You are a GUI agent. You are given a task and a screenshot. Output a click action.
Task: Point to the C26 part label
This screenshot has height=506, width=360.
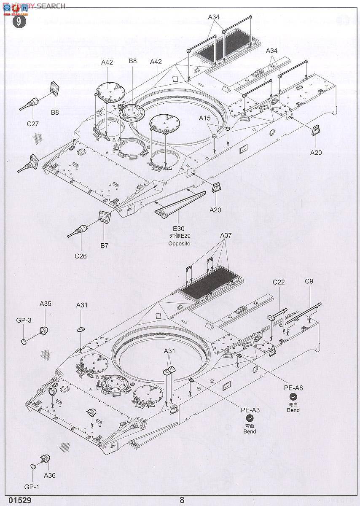pyautogui.click(x=81, y=256)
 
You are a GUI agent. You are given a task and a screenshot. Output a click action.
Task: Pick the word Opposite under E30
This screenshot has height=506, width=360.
pyautogui.click(x=179, y=244)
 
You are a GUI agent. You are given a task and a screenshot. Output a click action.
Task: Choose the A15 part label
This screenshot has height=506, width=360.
pyautogui.click(x=204, y=118)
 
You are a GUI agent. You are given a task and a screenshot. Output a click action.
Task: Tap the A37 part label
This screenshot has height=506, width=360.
pyautogui.click(x=226, y=235)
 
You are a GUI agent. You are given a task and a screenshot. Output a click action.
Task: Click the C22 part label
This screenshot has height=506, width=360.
pyautogui.click(x=279, y=282)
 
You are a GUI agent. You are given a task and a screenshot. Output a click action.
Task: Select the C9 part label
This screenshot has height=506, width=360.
pyautogui.click(x=309, y=281)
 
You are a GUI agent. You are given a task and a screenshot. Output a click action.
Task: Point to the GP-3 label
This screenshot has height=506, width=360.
pyautogui.click(x=24, y=320)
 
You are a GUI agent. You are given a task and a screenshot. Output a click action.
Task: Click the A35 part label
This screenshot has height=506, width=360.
pyautogui.click(x=46, y=303)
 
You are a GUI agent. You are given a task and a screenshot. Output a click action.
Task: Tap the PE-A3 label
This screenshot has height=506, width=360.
pyautogui.click(x=250, y=409)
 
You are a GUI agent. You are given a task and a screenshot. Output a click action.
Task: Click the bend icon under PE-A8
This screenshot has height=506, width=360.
pyautogui.click(x=293, y=396)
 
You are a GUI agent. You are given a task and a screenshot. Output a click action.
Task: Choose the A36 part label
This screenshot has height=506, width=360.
pyautogui.click(x=49, y=476)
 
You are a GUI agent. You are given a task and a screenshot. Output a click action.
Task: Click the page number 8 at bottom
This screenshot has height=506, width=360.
pyautogui.click(x=182, y=500)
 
